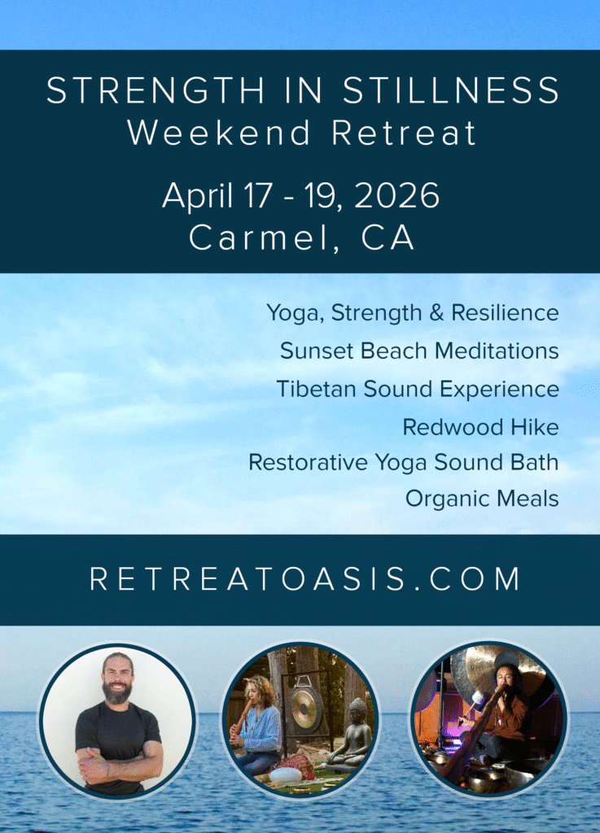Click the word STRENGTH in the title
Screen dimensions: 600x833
click(x=155, y=90)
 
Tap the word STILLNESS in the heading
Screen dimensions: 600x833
click(x=451, y=90)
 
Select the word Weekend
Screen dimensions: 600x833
click(x=219, y=133)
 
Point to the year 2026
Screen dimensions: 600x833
click(x=396, y=195)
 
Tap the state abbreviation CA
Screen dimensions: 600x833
click(x=388, y=238)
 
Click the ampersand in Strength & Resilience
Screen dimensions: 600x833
click(x=436, y=312)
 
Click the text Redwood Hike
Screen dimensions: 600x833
click(x=480, y=427)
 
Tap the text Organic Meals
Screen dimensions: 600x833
click(x=482, y=499)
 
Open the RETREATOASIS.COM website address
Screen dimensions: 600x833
click(x=304, y=578)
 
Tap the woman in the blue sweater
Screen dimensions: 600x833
click(x=256, y=727)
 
